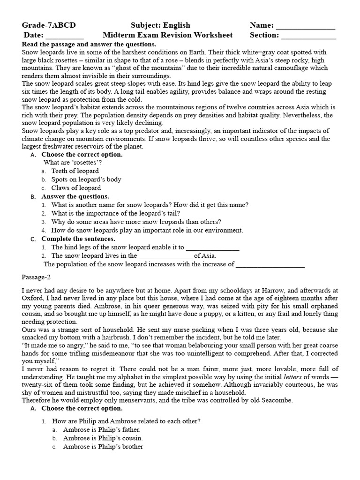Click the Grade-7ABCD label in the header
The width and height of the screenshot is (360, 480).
coord(49,25)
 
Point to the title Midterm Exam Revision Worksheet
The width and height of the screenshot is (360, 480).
coord(167,35)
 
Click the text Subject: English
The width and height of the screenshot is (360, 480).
coord(160,25)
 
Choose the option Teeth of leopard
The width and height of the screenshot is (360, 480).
coord(75,171)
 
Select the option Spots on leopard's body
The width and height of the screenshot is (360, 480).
coord(86,180)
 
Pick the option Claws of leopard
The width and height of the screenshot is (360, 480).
coord(76,188)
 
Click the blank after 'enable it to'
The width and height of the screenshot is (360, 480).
coord(213,248)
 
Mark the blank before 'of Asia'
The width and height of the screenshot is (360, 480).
coord(165,257)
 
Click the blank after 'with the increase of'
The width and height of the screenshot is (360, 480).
coord(270,265)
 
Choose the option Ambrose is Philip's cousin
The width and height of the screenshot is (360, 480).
coord(97,438)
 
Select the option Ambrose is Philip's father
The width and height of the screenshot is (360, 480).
coord(96,430)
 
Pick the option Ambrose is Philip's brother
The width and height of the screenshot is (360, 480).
coord(97,447)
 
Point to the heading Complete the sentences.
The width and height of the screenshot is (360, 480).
coord(78,239)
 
